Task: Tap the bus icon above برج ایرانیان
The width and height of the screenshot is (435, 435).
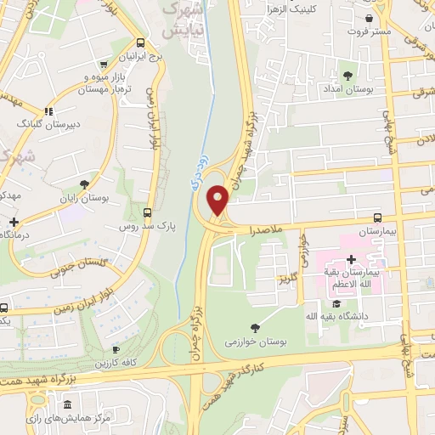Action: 140,44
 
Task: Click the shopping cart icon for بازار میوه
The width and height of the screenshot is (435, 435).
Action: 104,63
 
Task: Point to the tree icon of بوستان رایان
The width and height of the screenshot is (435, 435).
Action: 83,184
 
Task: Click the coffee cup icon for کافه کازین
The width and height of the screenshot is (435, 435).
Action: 116,349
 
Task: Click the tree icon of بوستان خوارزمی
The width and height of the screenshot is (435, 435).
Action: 255,328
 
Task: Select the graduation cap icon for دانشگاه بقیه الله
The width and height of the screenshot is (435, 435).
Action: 336,303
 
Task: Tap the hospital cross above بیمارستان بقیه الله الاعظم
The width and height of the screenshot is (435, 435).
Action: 351,258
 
